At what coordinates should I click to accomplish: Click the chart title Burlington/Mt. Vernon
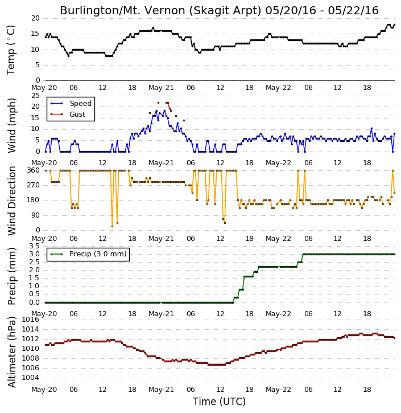point(160,11)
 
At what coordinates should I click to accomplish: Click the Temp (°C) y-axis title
point(11,50)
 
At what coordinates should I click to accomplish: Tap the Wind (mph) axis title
point(12,125)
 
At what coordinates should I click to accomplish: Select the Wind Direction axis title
point(12,201)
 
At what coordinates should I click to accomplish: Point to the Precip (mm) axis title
point(12,276)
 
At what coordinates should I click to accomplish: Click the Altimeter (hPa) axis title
point(12,352)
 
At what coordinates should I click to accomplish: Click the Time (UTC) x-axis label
point(219,402)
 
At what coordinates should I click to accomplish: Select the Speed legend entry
point(80,104)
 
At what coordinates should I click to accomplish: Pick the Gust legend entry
point(77,115)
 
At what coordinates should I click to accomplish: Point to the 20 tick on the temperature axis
point(35,18)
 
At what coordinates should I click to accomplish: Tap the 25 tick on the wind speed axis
point(35,96)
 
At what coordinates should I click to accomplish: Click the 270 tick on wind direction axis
point(34,185)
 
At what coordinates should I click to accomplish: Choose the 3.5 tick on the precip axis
point(35,246)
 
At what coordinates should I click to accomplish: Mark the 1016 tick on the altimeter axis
point(30,320)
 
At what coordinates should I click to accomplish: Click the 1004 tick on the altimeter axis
point(30,378)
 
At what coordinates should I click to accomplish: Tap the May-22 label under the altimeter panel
point(278,390)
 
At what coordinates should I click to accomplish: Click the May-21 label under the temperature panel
point(161,88)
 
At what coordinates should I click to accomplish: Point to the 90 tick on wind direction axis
point(35,215)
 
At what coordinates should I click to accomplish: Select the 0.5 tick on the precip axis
point(35,294)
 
